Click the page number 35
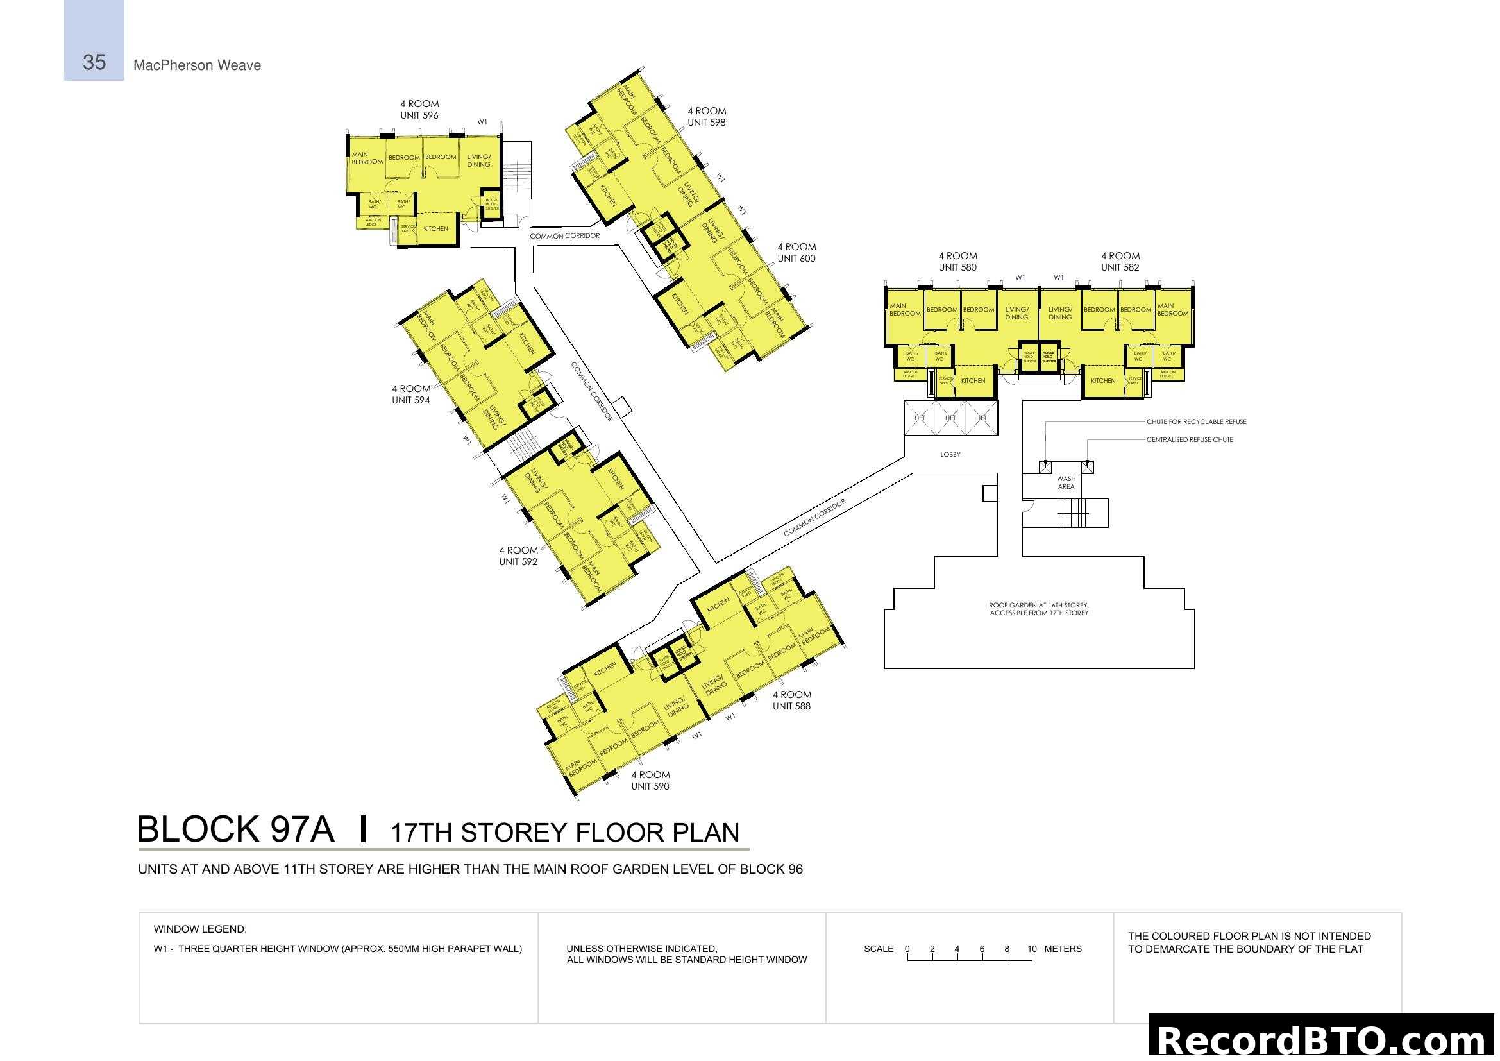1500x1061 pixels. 94,63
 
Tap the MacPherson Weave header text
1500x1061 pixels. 197,65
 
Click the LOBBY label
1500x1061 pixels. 950,455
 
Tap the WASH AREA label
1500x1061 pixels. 1066,483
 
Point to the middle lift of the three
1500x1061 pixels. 950,418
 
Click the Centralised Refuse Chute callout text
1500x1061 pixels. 1189,440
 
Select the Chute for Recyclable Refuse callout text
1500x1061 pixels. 1195,422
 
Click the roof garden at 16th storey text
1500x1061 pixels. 1038,609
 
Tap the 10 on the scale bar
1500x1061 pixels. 1032,949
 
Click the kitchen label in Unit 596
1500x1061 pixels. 435,229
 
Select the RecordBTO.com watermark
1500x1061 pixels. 1324,1039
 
